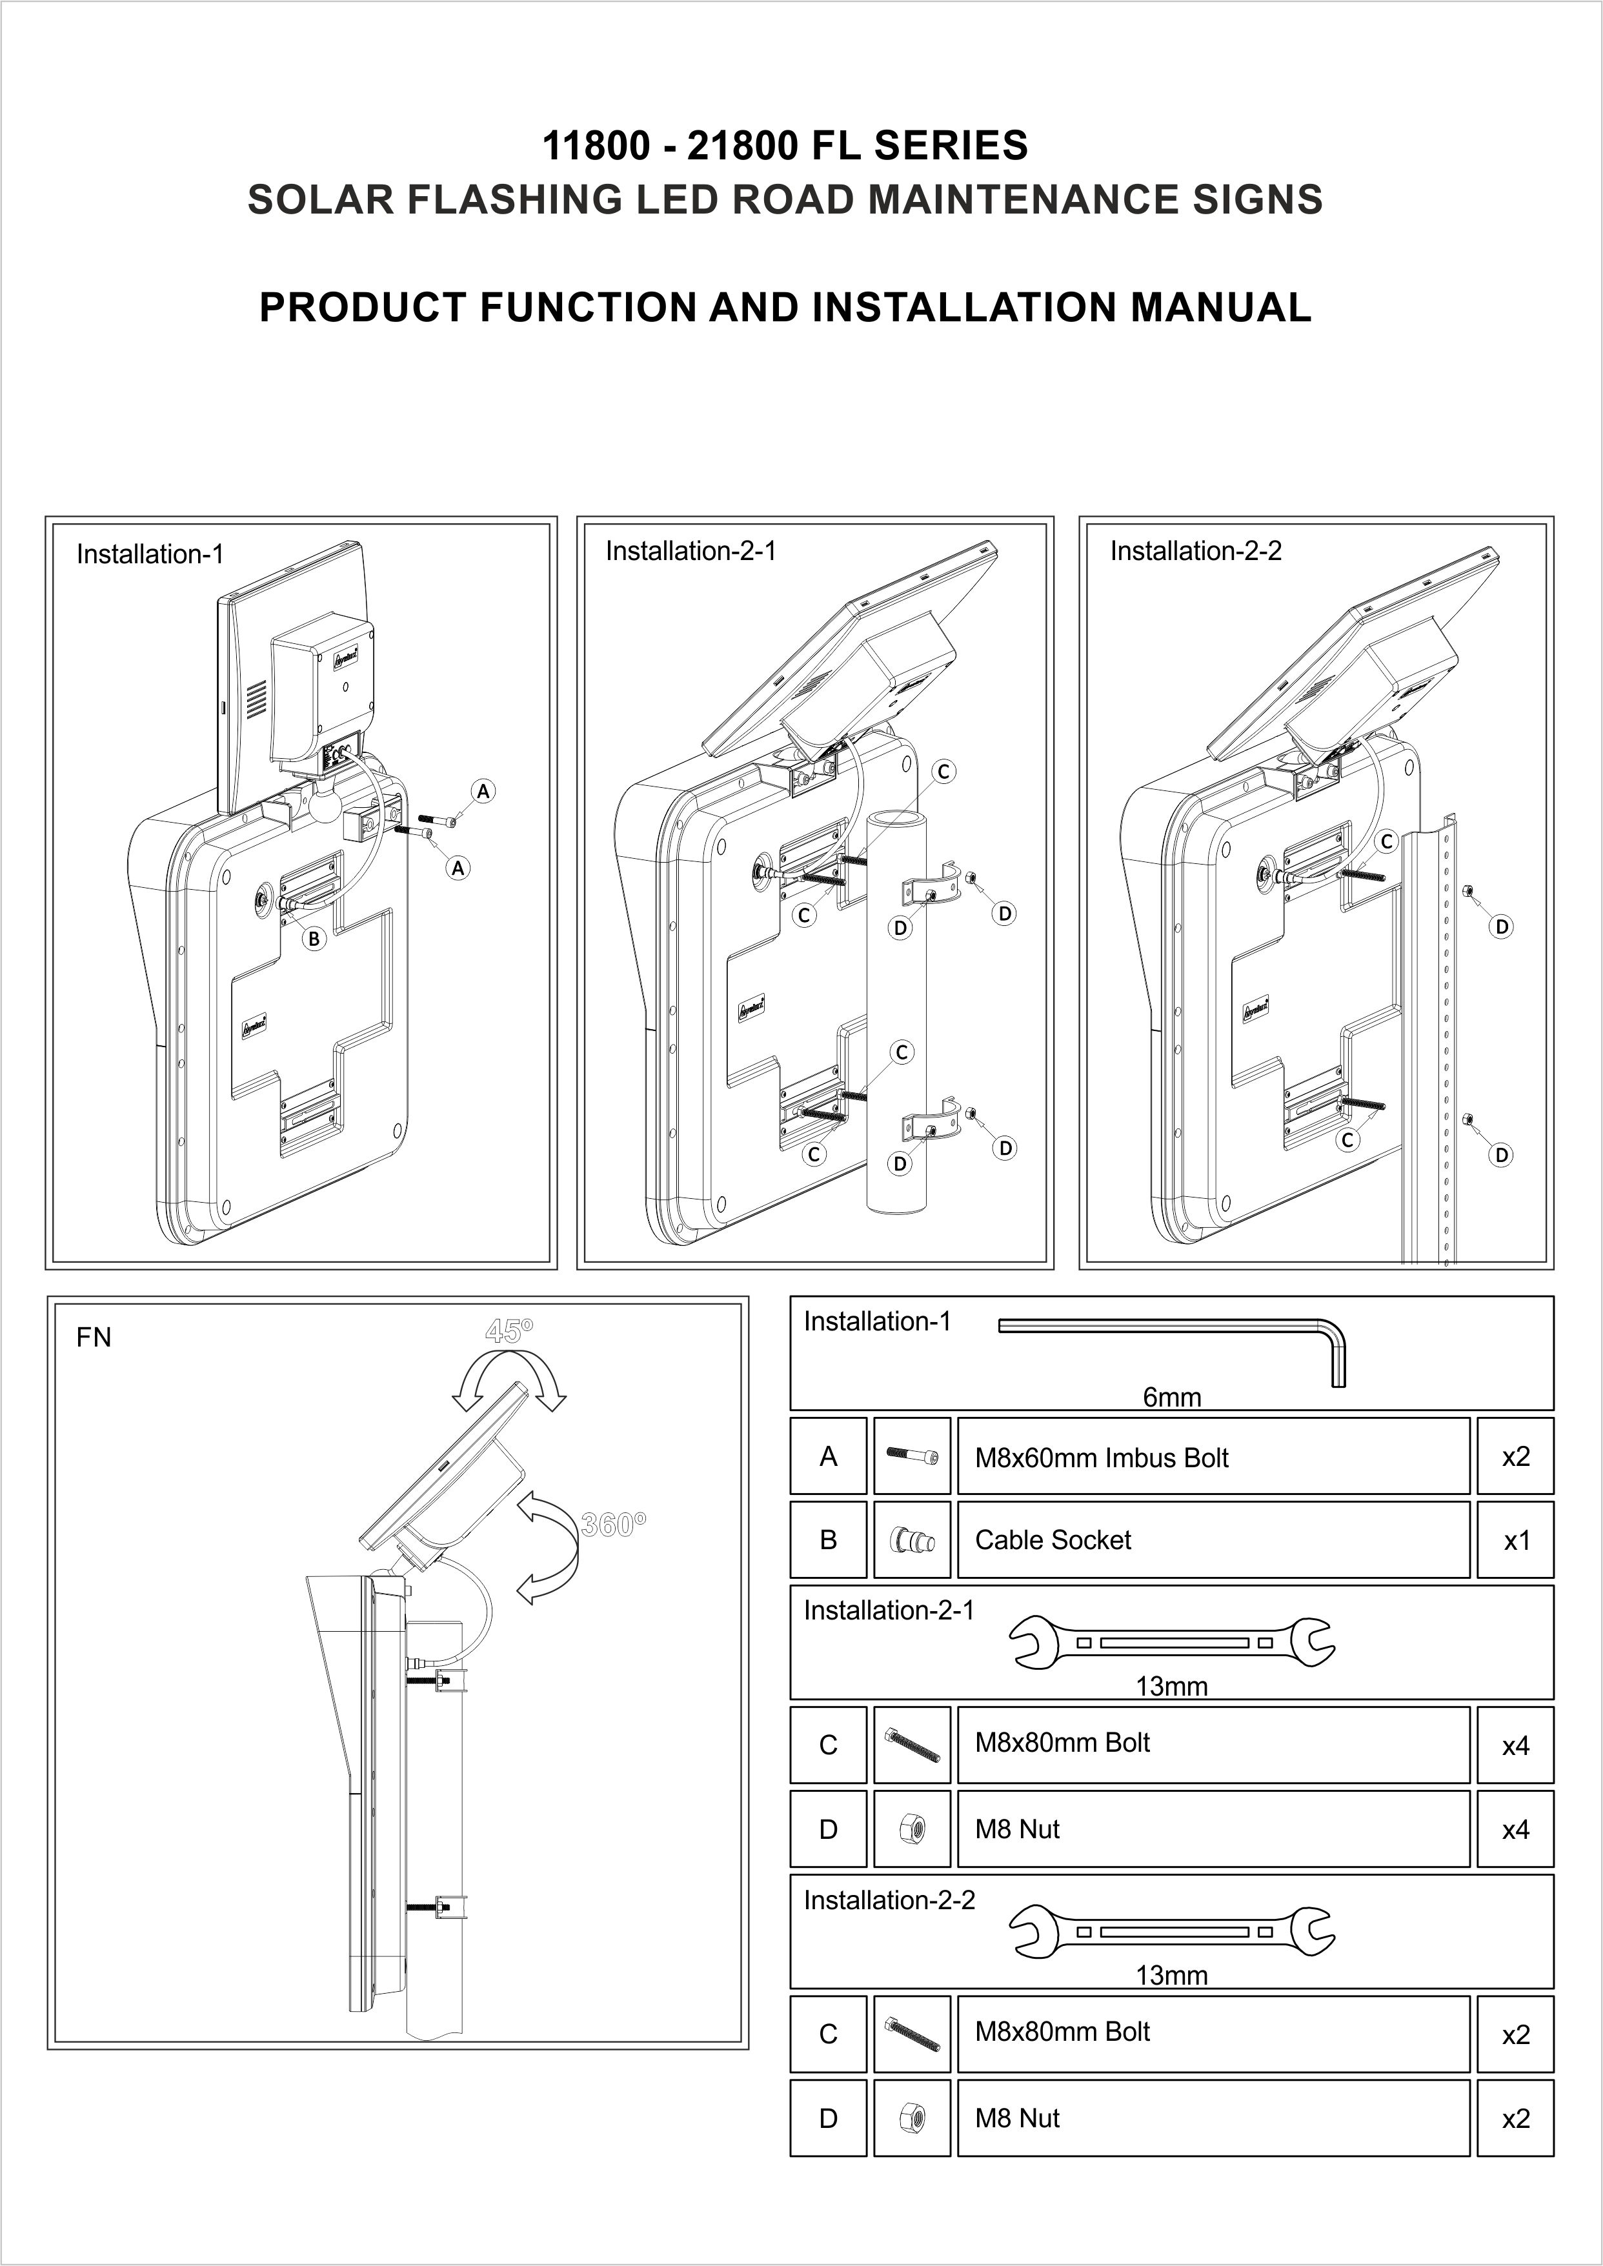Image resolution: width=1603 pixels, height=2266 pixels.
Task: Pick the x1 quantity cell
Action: tap(1515, 1541)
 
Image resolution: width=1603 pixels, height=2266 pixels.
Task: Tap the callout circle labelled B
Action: tap(314, 939)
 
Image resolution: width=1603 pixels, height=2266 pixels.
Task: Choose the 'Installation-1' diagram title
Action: tap(150, 555)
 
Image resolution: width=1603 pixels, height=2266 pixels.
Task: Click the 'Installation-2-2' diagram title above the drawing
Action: tap(1195, 551)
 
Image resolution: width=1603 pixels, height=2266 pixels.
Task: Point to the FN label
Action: tap(94, 1338)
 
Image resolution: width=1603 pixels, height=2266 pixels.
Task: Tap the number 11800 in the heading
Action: tap(595, 146)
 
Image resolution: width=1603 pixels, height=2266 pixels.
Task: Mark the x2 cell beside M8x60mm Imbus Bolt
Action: tap(1515, 1457)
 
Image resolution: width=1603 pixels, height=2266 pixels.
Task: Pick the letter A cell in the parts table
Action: tap(828, 1457)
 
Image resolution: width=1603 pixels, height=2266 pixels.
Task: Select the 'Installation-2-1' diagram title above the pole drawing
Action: tap(691, 551)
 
